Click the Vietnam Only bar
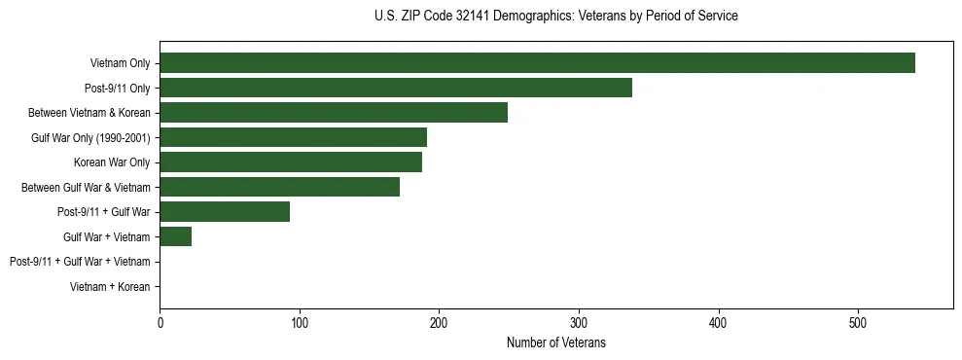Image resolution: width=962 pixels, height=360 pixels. tap(537, 63)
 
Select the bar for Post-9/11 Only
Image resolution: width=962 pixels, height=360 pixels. tap(396, 88)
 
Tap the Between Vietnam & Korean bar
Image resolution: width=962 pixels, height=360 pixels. tap(334, 113)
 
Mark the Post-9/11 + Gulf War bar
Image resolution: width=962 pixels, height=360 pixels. tap(225, 211)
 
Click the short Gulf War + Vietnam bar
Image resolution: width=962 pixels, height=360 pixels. tap(175, 236)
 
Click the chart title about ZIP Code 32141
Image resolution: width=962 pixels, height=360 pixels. tap(555, 17)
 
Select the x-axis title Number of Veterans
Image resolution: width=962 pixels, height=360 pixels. tap(555, 342)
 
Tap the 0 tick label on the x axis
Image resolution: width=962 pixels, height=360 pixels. tap(160, 322)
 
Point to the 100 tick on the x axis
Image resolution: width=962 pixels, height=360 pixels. tap(300, 322)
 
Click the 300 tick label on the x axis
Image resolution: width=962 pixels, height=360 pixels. tap(579, 322)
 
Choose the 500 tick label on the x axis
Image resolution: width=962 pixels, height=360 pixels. tap(858, 322)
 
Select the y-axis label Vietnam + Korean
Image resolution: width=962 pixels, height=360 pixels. tap(110, 287)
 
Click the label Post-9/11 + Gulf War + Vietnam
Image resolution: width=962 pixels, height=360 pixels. tap(80, 262)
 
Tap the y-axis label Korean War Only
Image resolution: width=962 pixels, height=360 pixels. tap(112, 162)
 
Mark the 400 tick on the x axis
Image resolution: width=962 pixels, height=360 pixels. tap(719, 322)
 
